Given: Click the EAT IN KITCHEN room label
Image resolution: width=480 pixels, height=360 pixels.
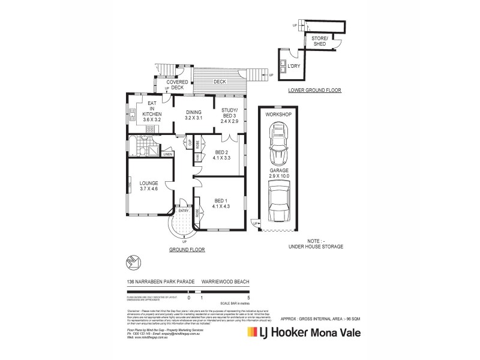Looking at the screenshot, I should click(152, 111).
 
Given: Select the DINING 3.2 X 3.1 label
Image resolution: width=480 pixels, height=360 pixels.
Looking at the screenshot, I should click(193, 115).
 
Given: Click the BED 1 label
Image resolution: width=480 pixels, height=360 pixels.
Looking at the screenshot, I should click(221, 203).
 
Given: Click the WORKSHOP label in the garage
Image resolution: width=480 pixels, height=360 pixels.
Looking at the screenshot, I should click(279, 114).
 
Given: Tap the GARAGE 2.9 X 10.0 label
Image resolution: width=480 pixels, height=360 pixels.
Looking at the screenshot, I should click(279, 173).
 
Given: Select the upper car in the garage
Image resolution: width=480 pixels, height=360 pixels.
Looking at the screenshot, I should click(279, 144).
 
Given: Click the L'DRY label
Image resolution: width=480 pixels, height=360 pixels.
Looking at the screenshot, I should click(294, 65).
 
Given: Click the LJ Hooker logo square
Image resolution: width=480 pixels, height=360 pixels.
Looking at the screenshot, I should click(252, 332).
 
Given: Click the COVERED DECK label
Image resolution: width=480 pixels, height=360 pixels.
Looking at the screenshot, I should click(177, 85).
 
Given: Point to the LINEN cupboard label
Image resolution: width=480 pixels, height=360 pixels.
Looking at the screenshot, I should click(167, 154).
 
